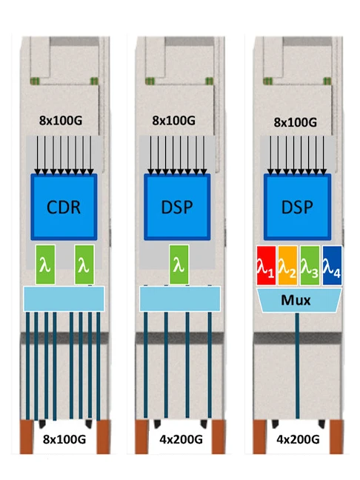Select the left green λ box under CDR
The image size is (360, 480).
[x=44, y=264]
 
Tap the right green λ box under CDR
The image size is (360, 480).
[x=84, y=264]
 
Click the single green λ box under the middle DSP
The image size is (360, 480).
[x=177, y=264]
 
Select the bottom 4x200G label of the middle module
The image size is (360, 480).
[x=177, y=439]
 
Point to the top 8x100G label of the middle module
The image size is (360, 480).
[x=178, y=119]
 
